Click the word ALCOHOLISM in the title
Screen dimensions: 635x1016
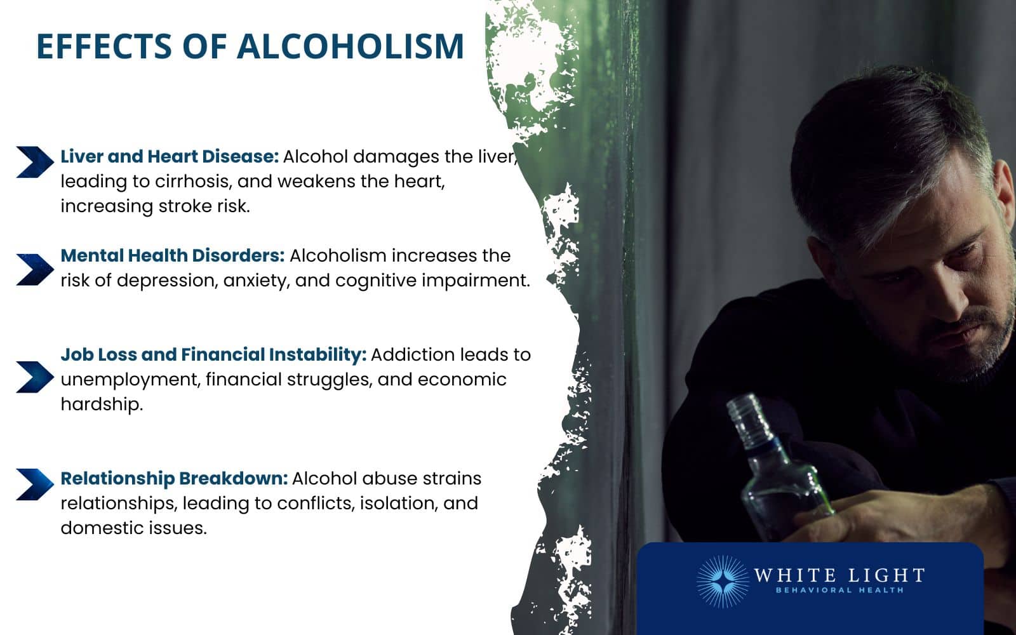[x=351, y=46]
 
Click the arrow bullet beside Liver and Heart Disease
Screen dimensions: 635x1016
[x=35, y=162]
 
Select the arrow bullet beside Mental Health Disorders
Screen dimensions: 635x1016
[x=35, y=270]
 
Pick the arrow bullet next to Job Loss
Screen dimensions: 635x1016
[x=35, y=377]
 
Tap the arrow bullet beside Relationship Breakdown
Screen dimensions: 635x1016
[x=35, y=485]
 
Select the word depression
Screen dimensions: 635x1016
[x=167, y=281]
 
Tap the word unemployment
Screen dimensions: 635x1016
[x=130, y=380]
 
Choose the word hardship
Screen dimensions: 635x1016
[x=101, y=404]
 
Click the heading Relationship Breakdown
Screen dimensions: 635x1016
[x=174, y=478]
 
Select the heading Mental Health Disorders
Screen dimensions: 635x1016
[x=172, y=255]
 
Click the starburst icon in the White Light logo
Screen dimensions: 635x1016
[x=723, y=581]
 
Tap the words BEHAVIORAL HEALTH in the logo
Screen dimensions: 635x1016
[x=839, y=591]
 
